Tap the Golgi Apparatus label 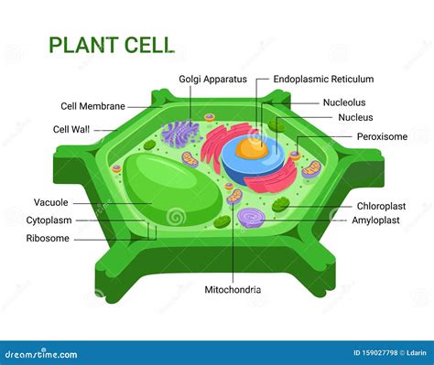212,80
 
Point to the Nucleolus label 344,102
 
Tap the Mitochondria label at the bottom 232,290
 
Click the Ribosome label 49,239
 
